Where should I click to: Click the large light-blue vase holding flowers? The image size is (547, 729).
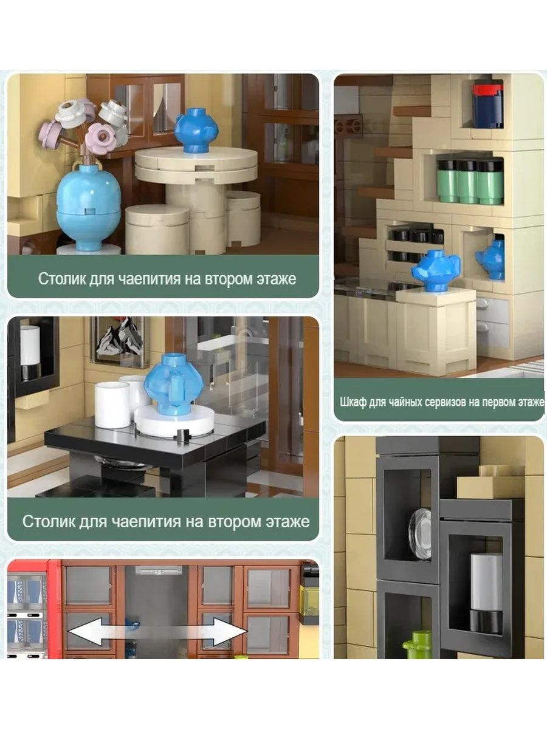[x=88, y=206]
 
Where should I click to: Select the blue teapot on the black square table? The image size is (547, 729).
[x=173, y=384]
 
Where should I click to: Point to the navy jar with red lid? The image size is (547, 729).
[x=487, y=106]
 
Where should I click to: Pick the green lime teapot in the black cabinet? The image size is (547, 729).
[x=417, y=645]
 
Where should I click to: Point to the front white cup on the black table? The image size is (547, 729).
[x=112, y=405]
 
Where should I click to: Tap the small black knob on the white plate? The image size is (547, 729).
[x=183, y=435]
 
